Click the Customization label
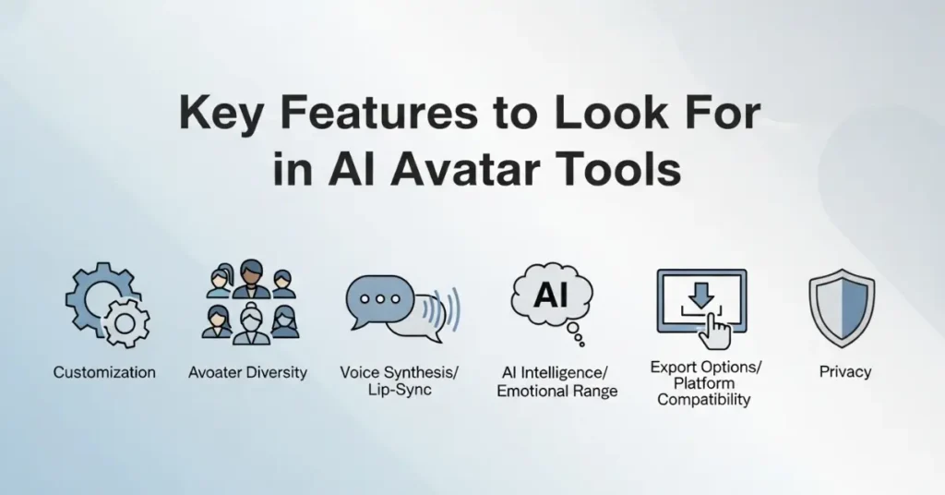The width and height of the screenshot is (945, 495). [x=104, y=373]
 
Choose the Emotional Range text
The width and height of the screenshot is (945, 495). [x=557, y=392]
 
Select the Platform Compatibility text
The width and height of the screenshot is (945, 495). [x=705, y=392]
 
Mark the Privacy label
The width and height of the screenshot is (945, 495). [x=844, y=372]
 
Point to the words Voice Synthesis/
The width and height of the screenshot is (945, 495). [x=399, y=372]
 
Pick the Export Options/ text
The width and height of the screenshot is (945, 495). [x=706, y=367]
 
